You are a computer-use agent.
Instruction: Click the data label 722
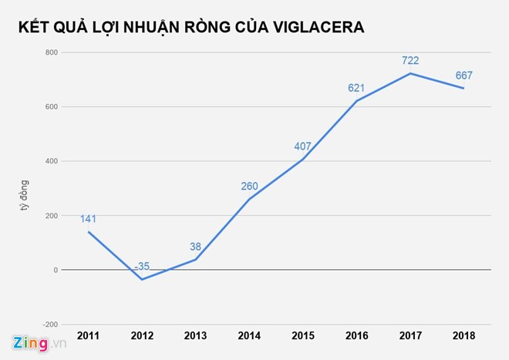410,60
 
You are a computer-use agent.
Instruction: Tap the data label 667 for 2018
463,75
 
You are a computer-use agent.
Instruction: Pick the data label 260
249,186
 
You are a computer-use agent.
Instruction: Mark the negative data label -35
141,267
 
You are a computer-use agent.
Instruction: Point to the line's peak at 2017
410,73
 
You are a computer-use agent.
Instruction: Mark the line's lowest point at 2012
141,279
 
